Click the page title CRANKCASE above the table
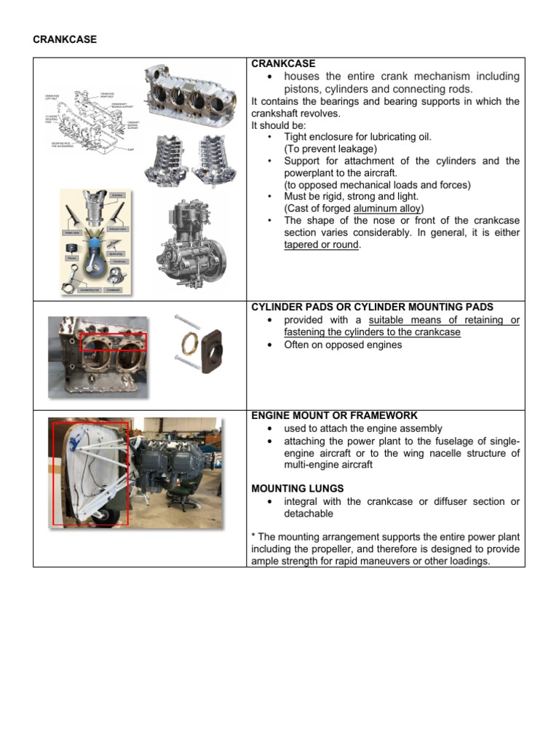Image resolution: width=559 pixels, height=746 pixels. [x=64, y=39]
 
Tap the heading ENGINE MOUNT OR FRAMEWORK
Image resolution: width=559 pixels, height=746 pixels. [x=334, y=415]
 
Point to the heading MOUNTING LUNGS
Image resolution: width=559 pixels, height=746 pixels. [x=293, y=488]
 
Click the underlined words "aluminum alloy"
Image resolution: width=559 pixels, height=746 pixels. [x=388, y=208]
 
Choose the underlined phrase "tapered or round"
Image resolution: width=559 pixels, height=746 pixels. [x=321, y=245]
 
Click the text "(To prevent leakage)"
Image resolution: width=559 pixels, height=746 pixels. [x=330, y=149]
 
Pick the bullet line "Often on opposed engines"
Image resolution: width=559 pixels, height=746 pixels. [x=342, y=345]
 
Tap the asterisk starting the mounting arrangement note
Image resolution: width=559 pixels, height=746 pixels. [x=253, y=537]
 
